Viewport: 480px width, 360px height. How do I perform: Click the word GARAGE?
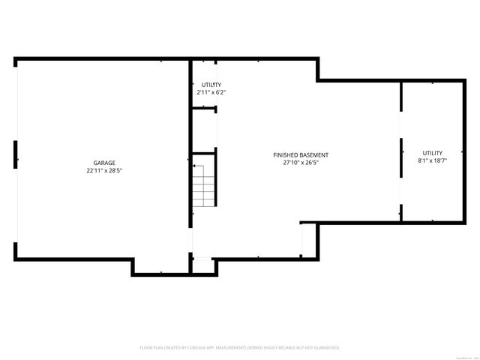[104, 163]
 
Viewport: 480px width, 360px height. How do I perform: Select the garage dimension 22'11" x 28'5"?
[104, 170]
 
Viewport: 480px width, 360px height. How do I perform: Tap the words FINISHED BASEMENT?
[301, 155]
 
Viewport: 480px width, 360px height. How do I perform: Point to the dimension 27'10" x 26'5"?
[301, 163]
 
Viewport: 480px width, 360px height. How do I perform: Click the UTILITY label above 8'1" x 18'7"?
[432, 153]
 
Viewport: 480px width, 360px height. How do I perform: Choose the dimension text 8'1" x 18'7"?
[432, 160]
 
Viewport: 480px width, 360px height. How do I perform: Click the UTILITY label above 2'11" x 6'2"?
[210, 85]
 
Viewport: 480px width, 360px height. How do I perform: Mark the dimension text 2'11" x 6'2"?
[211, 92]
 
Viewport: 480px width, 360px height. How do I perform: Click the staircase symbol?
[204, 184]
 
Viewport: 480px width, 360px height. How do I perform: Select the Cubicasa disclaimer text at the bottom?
[240, 348]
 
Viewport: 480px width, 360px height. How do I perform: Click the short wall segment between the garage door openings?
[16, 154]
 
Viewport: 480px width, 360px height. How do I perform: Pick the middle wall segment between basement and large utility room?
[401, 157]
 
